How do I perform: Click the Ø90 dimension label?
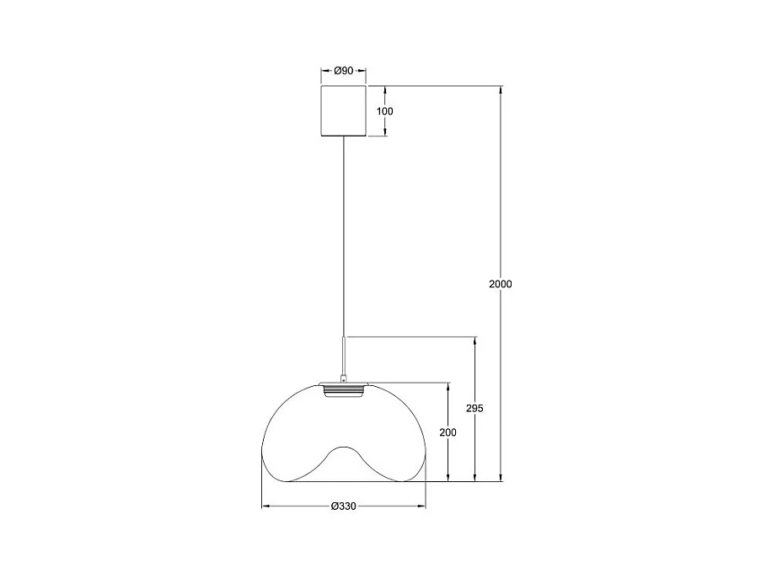click(344, 71)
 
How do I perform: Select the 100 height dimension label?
click(385, 111)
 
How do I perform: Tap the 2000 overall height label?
click(501, 284)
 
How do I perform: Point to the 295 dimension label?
click(474, 408)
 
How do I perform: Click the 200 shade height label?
click(448, 432)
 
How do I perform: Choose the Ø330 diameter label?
click(344, 507)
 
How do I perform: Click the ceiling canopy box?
click(344, 110)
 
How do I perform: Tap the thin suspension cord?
click(344, 236)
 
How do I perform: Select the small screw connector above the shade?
click(344, 378)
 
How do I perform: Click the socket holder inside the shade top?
click(344, 391)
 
